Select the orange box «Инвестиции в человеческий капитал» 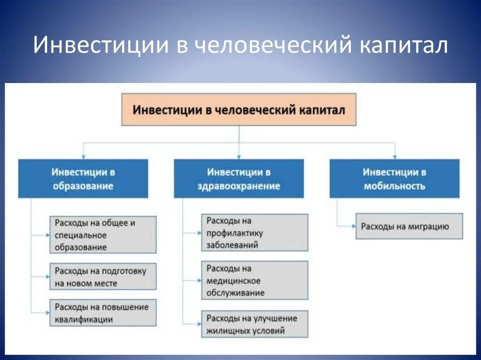click(x=239, y=110)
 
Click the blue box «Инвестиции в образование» click(x=83, y=178)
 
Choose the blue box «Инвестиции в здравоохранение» click(x=239, y=178)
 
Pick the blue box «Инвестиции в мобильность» click(x=395, y=178)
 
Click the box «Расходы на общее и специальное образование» click(x=103, y=235)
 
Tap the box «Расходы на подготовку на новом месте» click(x=103, y=276)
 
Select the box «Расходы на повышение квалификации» click(x=103, y=313)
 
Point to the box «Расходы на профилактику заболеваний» click(x=255, y=232)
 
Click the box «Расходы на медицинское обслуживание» click(x=255, y=280)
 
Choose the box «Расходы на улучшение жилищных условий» click(x=255, y=324)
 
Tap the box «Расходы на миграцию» click(x=409, y=226)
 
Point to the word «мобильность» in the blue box click(x=395, y=186)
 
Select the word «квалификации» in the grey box click(x=84, y=319)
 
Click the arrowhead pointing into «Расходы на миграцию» click(x=353, y=226)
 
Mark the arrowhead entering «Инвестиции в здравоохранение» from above click(x=239, y=157)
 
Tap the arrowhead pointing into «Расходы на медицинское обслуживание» click(x=199, y=280)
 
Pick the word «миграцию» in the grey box click(x=429, y=227)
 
